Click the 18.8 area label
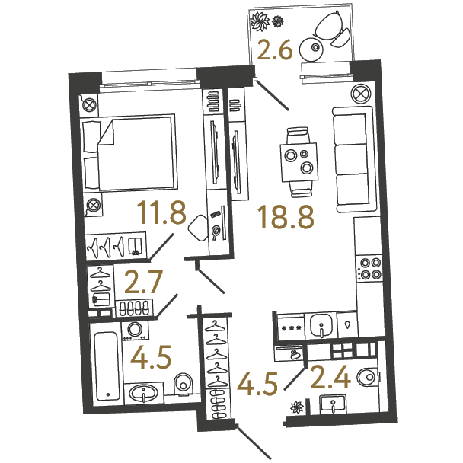click(x=286, y=218)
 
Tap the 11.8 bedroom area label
click(x=161, y=212)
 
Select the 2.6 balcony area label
click(x=275, y=50)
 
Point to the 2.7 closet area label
click(x=144, y=283)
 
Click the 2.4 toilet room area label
click(x=330, y=377)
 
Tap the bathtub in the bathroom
click(x=107, y=366)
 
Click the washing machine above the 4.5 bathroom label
click(x=136, y=330)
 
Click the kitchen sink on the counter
click(x=321, y=325)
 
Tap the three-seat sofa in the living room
click(x=353, y=159)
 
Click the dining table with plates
click(x=300, y=162)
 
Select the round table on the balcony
click(x=311, y=49)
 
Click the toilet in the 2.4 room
click(x=367, y=377)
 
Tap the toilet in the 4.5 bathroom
click(x=183, y=385)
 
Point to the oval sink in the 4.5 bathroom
click(x=143, y=393)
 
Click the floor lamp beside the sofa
click(x=360, y=94)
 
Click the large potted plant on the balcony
click(x=260, y=21)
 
